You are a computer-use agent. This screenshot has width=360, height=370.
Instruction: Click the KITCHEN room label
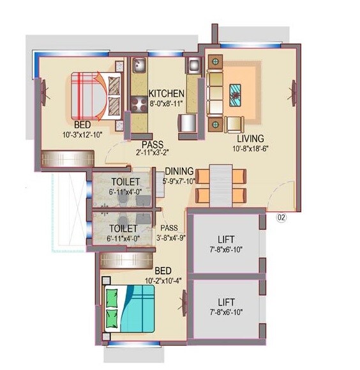click(167, 93)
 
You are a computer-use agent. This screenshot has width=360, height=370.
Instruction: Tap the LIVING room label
click(250, 138)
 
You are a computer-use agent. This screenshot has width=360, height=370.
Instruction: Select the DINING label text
click(179, 171)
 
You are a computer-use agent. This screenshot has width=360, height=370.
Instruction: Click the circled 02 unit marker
click(281, 217)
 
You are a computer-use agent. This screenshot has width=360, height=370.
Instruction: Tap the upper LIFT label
click(226, 239)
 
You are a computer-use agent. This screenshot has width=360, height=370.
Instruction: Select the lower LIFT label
click(226, 301)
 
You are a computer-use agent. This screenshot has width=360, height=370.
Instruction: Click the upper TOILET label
click(124, 182)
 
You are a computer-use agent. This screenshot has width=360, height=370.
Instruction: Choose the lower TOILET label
click(124, 228)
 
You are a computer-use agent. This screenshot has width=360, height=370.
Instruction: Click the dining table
click(221, 183)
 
